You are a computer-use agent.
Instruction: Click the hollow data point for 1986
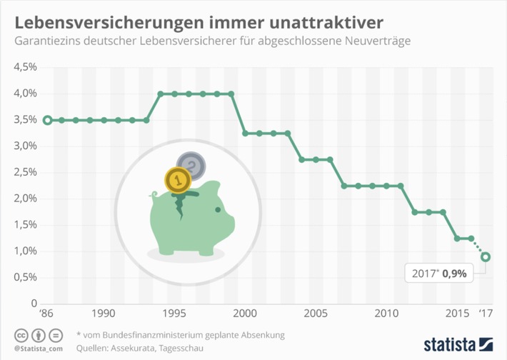point(47,120)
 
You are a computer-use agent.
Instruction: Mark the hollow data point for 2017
point(486,257)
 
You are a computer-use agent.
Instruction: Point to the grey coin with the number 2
point(192,167)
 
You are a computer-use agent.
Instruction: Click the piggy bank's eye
point(218,209)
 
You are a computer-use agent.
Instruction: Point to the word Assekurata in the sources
point(139,348)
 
